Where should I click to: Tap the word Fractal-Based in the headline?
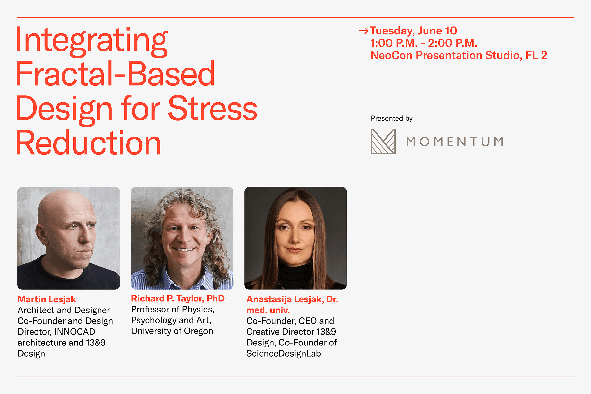(x=115, y=74)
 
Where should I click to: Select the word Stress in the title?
(x=213, y=108)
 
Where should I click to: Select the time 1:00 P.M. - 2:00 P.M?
(x=424, y=43)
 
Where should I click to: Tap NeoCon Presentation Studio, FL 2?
(x=459, y=55)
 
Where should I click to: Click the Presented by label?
(x=392, y=118)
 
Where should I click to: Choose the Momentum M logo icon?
(x=383, y=141)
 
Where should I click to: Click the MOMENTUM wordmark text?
(x=455, y=141)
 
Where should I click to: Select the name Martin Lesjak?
(x=47, y=299)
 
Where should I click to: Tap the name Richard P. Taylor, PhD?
(x=178, y=298)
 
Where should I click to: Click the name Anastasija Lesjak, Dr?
(x=293, y=299)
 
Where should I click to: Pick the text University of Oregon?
(x=172, y=331)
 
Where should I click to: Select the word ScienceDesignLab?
(x=284, y=354)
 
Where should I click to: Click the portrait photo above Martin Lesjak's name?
(x=69, y=238)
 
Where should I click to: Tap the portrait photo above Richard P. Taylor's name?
(x=182, y=238)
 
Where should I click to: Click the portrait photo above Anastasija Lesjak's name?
(x=295, y=238)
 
